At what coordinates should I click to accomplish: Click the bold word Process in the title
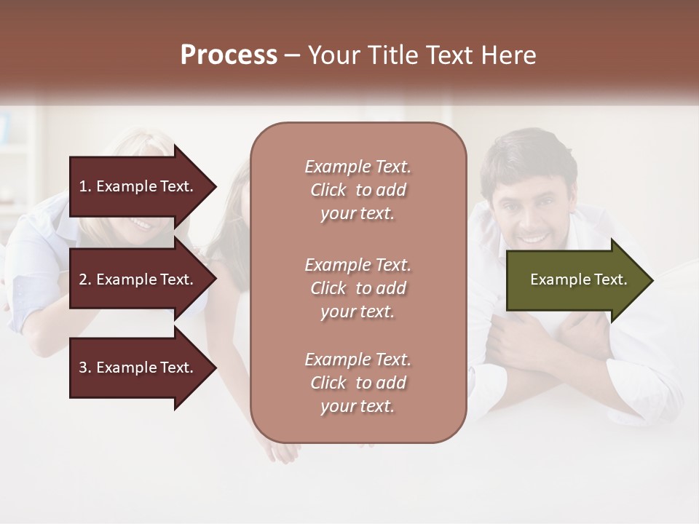(x=229, y=55)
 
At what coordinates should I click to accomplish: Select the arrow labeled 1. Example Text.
(x=142, y=186)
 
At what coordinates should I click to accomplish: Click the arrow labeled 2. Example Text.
(x=142, y=279)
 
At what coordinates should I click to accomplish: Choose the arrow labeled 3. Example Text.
(x=142, y=368)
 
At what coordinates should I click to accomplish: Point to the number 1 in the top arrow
(x=82, y=186)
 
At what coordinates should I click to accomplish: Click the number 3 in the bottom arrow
(x=82, y=368)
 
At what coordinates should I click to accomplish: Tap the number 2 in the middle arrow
(x=82, y=279)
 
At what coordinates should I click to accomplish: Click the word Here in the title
(x=511, y=55)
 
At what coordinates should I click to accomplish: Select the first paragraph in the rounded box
(x=358, y=190)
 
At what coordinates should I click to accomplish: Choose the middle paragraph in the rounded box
(x=358, y=288)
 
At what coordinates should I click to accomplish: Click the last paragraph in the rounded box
(x=358, y=383)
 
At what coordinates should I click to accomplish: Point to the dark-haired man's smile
(x=533, y=237)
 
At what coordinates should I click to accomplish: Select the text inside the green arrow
(x=579, y=279)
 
